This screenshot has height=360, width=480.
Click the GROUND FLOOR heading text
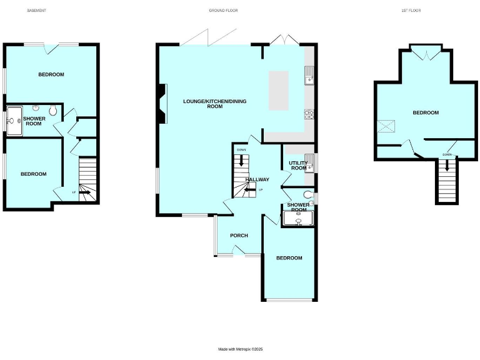[x=223, y=11]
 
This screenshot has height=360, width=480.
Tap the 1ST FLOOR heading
[x=410, y=11]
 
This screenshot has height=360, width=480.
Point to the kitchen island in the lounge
[x=279, y=91]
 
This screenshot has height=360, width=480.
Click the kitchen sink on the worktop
[x=309, y=78]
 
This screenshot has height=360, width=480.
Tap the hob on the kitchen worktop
[x=309, y=113]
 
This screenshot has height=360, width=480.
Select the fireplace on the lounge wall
[x=162, y=104]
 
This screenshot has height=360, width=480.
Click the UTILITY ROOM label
[x=298, y=166]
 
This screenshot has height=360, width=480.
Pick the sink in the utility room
[x=309, y=157]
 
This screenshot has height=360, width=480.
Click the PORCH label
[x=239, y=236]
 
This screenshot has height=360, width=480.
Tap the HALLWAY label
[x=257, y=179]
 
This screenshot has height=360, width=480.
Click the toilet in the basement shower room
[x=53, y=111]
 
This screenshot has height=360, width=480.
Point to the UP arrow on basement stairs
[x=84, y=192]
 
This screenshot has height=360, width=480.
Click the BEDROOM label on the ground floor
[x=289, y=257]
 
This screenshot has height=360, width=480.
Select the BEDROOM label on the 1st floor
[x=426, y=112]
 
